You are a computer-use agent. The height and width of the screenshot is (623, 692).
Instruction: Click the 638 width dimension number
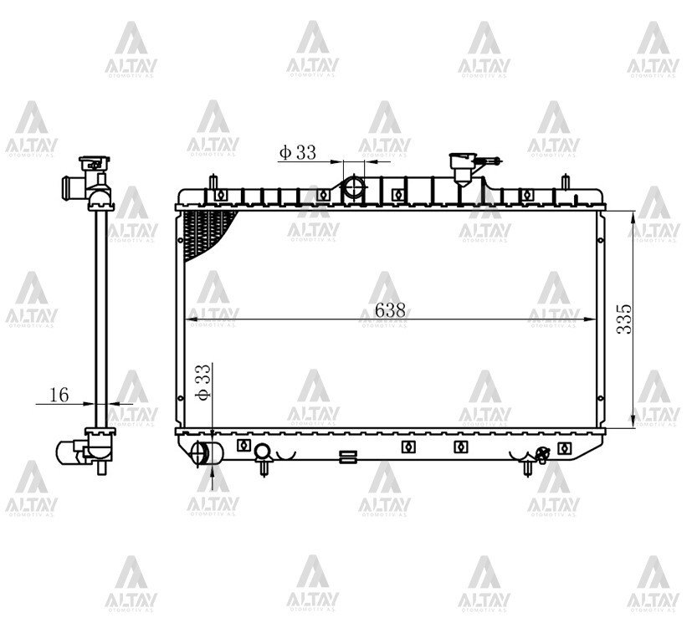coord(390,310)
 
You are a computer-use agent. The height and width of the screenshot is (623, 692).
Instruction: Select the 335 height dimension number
coord(624,319)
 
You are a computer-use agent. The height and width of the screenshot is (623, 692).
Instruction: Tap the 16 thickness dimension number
coord(59,395)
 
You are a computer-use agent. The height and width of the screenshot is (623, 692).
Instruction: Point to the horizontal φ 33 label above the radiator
coord(298,152)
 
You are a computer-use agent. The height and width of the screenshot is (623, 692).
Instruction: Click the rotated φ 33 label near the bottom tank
coord(203,382)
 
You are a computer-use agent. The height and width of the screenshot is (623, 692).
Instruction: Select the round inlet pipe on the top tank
coord(355,187)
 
